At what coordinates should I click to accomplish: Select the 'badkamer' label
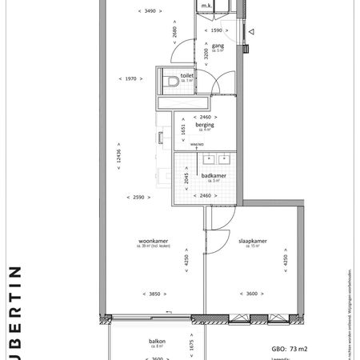click(213, 175)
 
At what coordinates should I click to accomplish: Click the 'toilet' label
click(187, 75)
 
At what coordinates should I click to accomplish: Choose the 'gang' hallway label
click(217, 46)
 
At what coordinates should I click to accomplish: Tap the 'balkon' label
click(157, 341)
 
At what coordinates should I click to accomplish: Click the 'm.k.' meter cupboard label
click(206, 6)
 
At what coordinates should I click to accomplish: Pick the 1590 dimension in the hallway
click(217, 30)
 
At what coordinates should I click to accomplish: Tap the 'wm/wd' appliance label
click(196, 145)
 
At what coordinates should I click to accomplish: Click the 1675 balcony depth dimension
click(191, 345)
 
